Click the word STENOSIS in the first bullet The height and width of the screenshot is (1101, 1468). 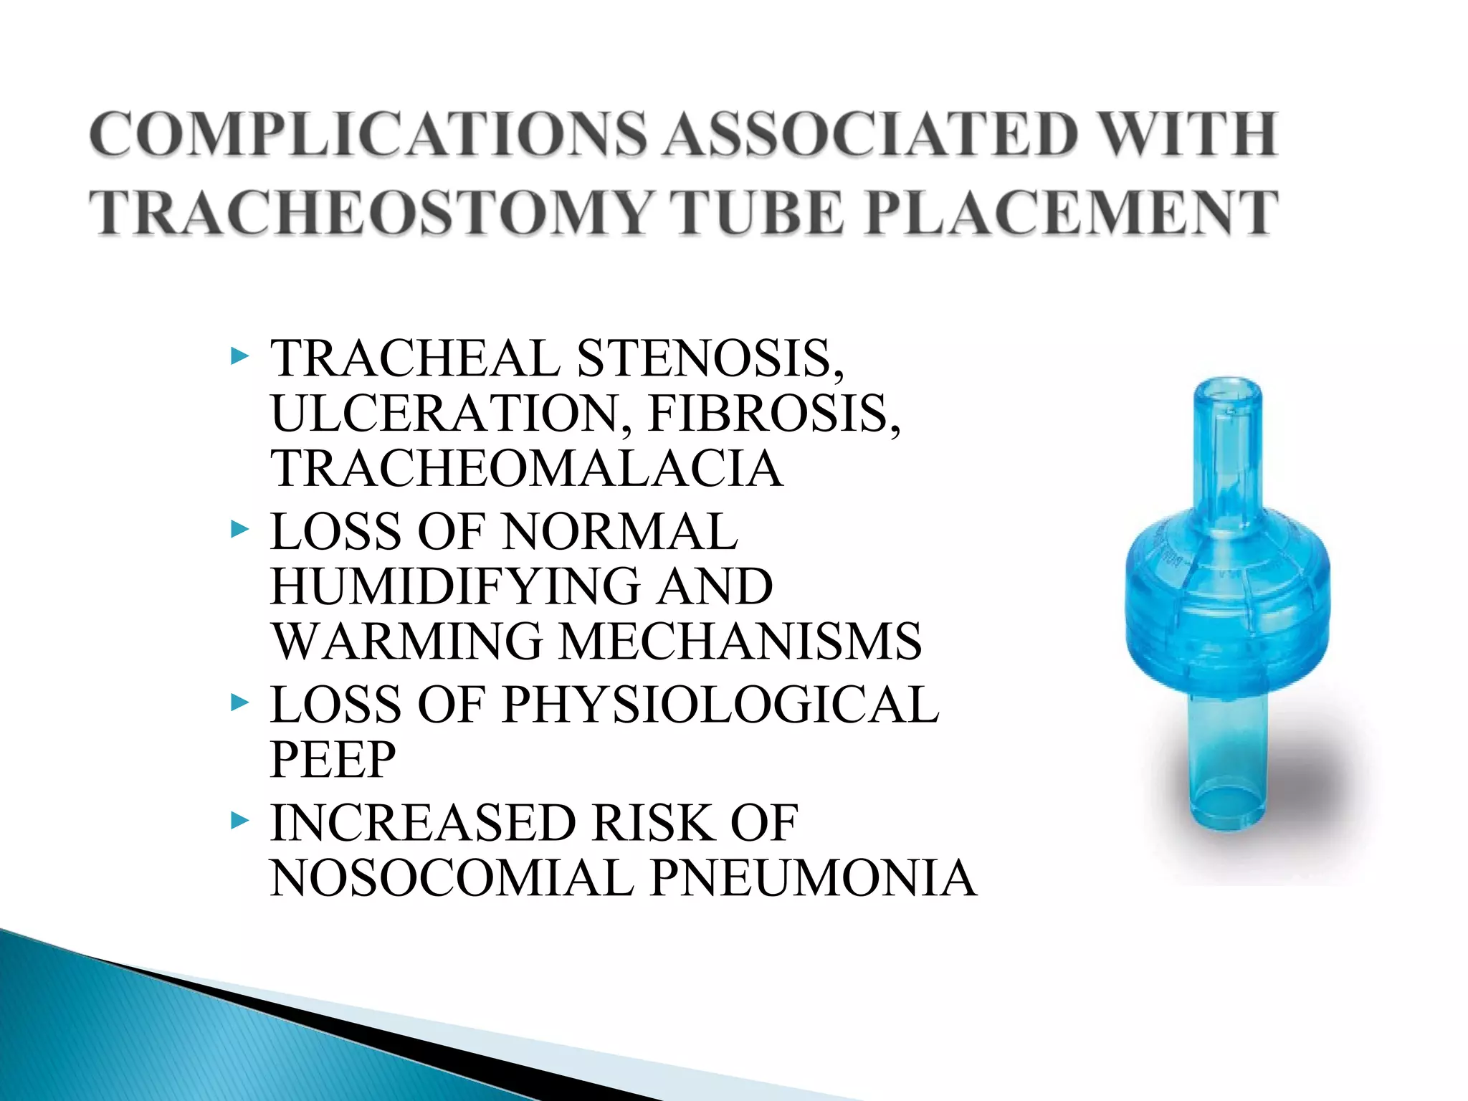tap(710, 358)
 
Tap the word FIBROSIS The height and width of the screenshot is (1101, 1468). tap(774, 414)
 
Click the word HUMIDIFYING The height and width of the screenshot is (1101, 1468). tap(455, 586)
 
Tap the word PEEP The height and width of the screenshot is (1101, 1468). tap(333, 759)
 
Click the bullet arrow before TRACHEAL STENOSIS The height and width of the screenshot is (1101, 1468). tap(239, 356)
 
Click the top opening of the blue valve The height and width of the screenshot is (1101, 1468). tap(1227, 391)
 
